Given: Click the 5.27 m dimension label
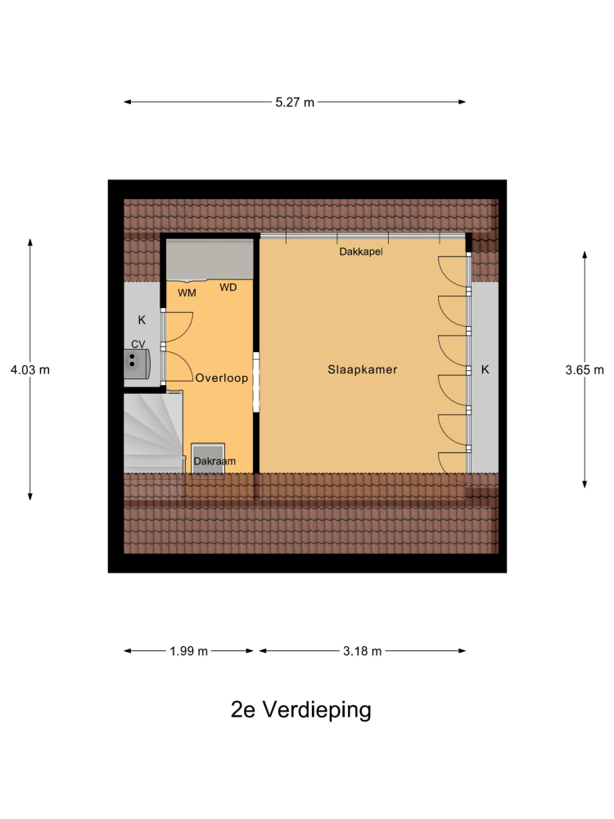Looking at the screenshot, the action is (295, 102).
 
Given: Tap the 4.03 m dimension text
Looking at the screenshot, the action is (30, 370).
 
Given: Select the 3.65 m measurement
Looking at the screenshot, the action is (585, 370).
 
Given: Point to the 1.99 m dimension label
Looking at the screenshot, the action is (188, 651).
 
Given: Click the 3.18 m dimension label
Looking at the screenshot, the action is (363, 651).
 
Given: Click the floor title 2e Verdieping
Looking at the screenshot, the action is (300, 709).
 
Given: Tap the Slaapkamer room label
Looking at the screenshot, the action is (363, 370).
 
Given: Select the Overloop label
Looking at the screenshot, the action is (221, 378).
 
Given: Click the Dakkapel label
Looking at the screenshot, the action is (361, 251).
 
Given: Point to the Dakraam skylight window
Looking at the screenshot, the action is (208, 459).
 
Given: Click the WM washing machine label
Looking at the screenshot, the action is (187, 293).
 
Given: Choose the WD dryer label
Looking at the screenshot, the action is (228, 287).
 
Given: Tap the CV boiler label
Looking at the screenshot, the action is (138, 344).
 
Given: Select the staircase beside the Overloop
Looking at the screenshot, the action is (154, 433).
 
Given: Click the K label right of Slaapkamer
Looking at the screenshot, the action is (485, 370).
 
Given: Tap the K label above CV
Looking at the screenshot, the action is (142, 320).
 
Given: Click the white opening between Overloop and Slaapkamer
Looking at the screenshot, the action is (256, 382).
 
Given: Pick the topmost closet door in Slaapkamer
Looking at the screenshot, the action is (452, 271).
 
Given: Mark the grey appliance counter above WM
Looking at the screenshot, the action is (210, 260).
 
